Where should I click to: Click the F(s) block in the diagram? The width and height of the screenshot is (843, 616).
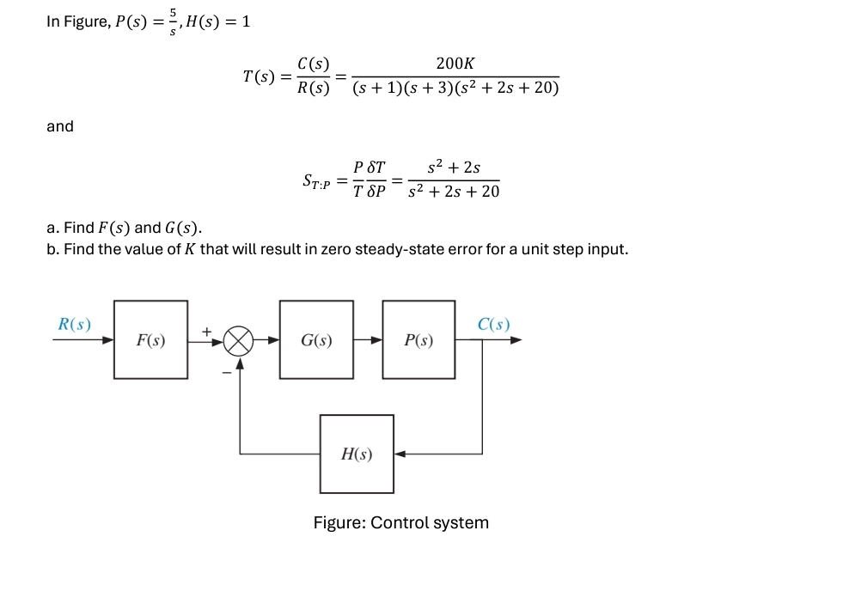point(150,339)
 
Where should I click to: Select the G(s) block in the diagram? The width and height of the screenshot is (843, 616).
point(316,339)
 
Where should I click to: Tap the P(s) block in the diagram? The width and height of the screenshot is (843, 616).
point(418,339)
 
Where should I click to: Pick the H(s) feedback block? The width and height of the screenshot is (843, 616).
point(357,454)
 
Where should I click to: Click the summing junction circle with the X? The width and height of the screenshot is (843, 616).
point(240,340)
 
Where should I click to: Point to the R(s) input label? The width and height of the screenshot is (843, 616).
point(74,324)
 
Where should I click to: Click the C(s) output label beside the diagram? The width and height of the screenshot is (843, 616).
point(493,324)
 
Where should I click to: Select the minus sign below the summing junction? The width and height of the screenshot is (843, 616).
point(227,372)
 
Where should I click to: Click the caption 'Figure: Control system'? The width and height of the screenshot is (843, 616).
point(400,522)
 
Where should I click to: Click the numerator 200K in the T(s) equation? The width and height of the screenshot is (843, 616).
point(455,64)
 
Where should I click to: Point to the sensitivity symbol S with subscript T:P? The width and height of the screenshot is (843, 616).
point(315,180)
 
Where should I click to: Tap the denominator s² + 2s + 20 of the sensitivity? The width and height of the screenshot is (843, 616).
point(454,192)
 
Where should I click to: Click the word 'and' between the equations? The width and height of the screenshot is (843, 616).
point(60,126)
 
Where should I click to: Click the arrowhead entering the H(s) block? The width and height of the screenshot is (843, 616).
point(400,454)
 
